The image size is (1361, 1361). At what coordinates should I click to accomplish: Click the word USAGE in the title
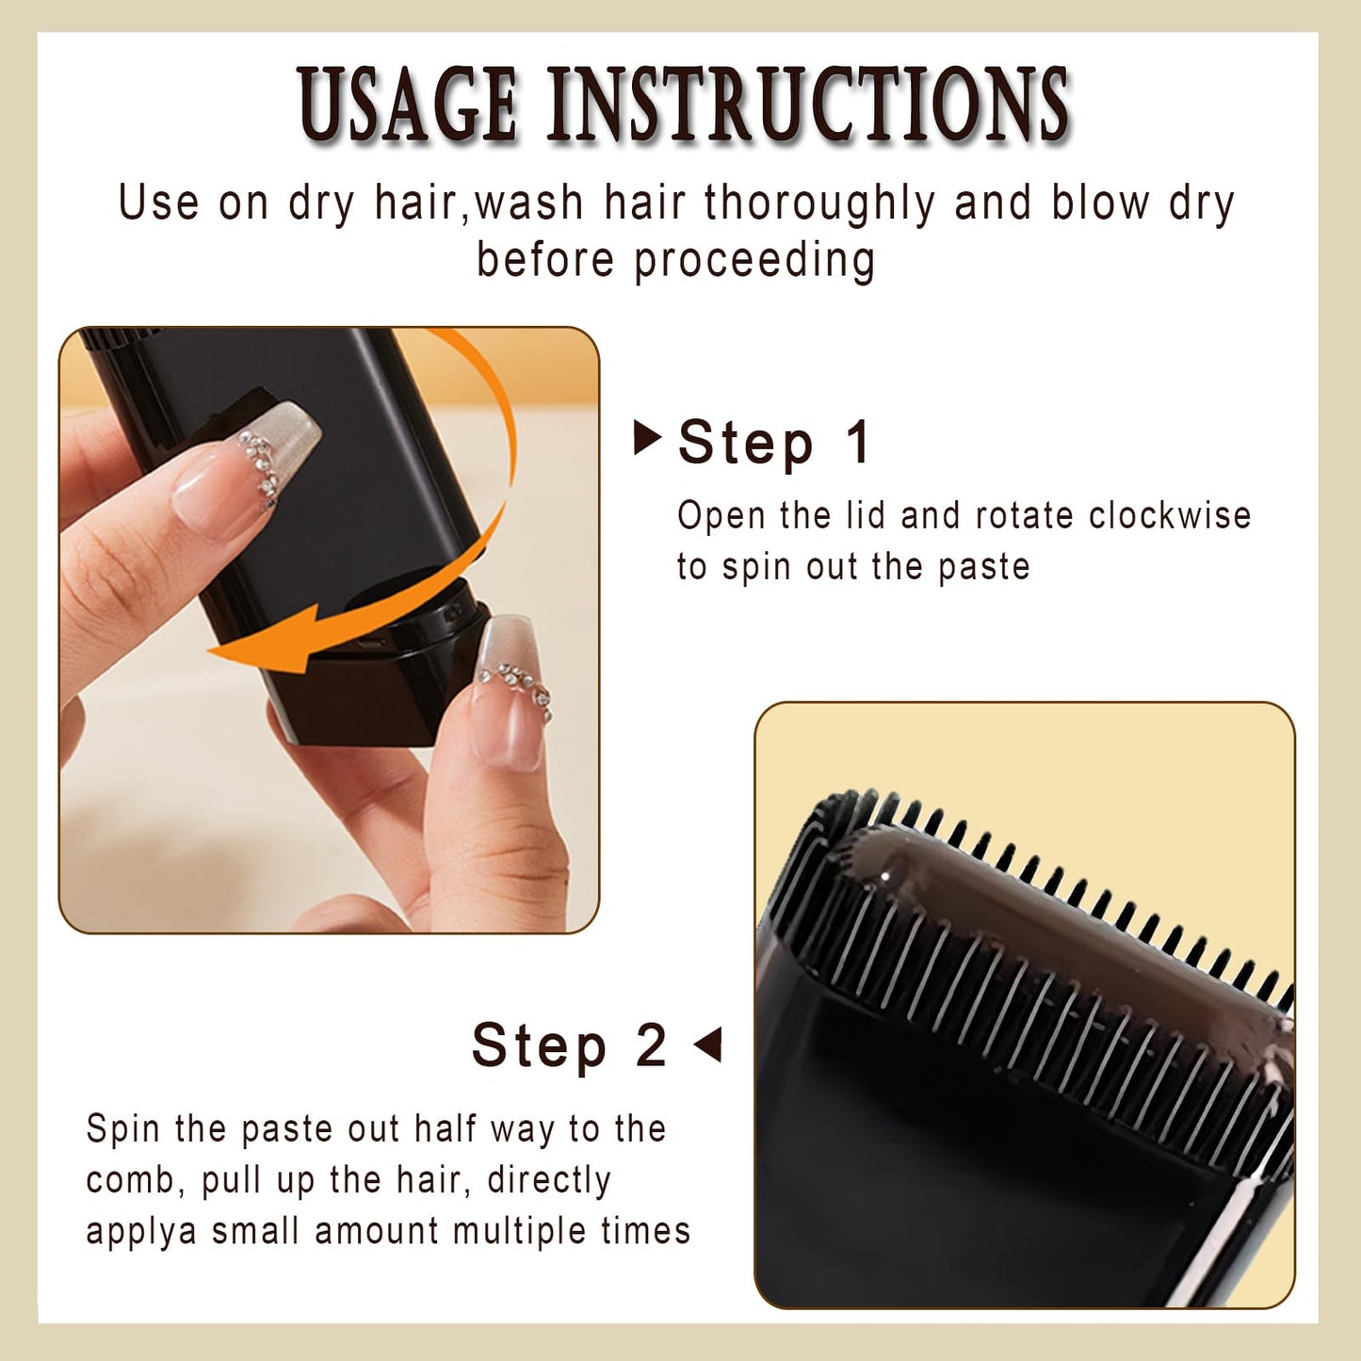[407, 105]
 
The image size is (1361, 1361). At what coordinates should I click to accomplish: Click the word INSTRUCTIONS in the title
[808, 105]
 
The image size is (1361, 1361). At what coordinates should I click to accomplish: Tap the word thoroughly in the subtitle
[819, 203]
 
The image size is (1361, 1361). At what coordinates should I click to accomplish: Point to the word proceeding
[753, 261]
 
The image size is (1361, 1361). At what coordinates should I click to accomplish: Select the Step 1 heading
[774, 443]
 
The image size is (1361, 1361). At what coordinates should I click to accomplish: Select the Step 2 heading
[569, 1045]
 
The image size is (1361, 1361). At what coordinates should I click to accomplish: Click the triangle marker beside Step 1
[646, 438]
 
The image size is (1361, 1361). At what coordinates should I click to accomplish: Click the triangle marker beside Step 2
[708, 1045]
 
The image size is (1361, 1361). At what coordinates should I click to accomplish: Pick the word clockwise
[1169, 515]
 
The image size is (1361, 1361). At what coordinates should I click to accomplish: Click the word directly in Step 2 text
[549, 1180]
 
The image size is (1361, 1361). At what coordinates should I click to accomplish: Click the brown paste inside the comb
[1036, 914]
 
